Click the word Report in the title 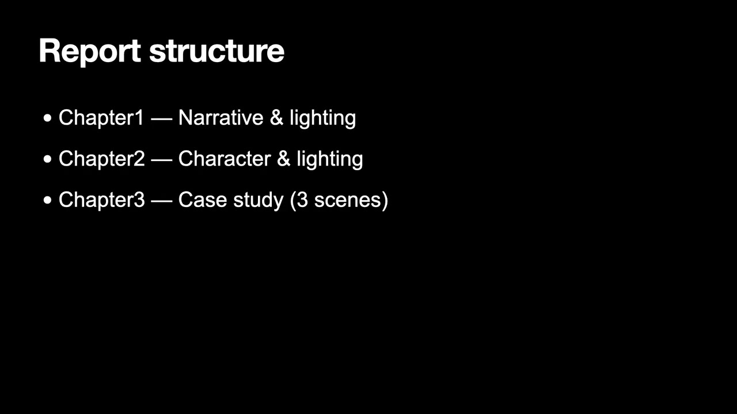tap(89, 51)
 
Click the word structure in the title tap(216, 51)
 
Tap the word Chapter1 tap(101, 118)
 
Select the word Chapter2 tap(101, 159)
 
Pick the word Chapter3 tap(101, 200)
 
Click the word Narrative tap(221, 118)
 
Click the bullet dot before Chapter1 tap(47, 118)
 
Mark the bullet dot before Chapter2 tap(47, 159)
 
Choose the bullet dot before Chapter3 tap(47, 201)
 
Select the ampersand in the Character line tap(283, 159)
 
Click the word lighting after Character tap(329, 159)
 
